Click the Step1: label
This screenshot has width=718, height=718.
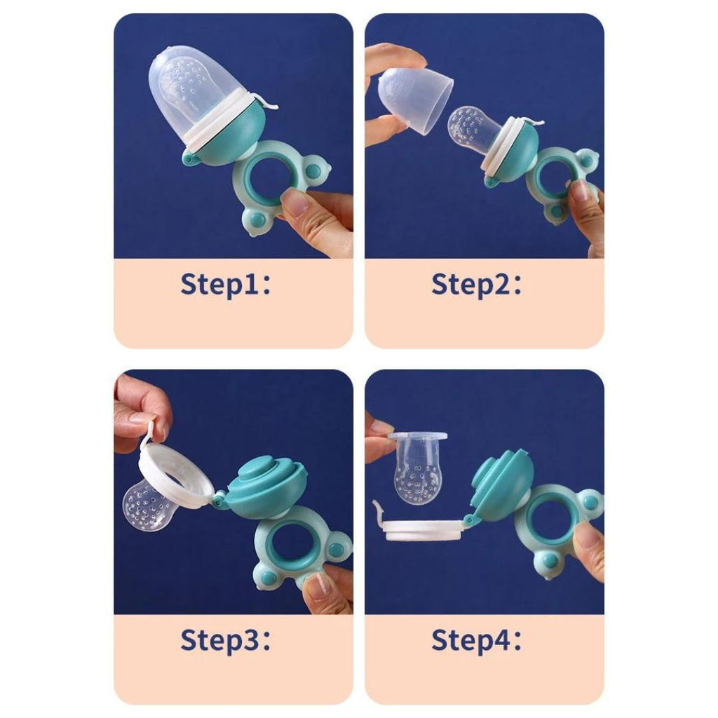coord(226,285)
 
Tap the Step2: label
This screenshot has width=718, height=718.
coord(476,285)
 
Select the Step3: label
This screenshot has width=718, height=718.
coord(226,639)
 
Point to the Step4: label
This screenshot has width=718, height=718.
coord(476,639)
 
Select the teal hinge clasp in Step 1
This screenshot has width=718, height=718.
coord(190,158)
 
